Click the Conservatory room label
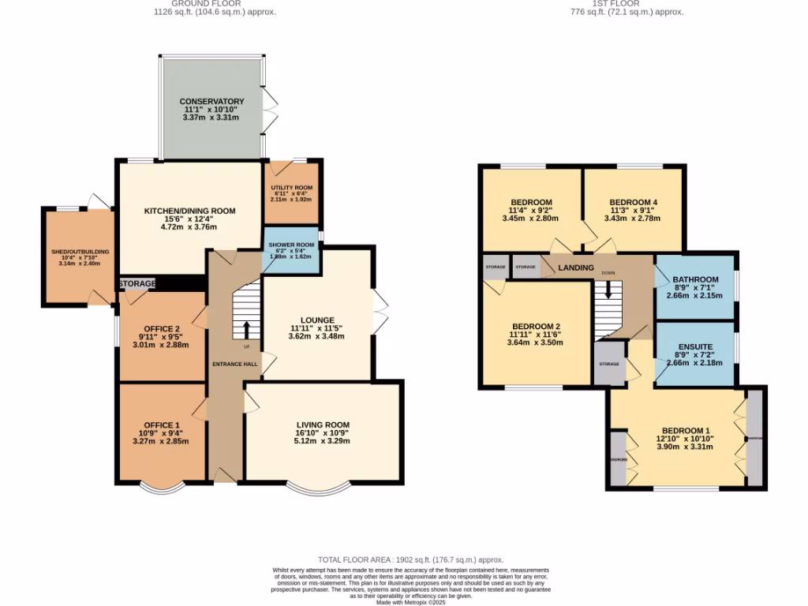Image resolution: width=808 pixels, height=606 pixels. [x=211, y=102]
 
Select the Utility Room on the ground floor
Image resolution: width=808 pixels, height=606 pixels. [x=293, y=187]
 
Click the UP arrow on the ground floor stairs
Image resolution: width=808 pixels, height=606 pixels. [x=246, y=329]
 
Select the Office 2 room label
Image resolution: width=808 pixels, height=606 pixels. [x=161, y=329]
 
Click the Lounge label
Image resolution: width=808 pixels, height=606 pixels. [x=316, y=320]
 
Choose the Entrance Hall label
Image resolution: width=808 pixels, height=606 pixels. [x=234, y=363]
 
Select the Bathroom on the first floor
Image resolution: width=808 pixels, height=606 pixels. [x=694, y=279]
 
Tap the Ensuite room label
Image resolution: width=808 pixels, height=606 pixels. [x=695, y=346]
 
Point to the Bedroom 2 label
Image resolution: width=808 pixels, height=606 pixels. [x=535, y=327]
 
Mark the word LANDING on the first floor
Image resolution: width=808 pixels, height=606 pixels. [x=575, y=268]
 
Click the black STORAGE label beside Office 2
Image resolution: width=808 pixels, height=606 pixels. [x=137, y=282]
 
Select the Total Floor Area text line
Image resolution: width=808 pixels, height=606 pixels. [x=410, y=559]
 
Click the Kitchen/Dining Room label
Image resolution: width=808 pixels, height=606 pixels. [x=189, y=211]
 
